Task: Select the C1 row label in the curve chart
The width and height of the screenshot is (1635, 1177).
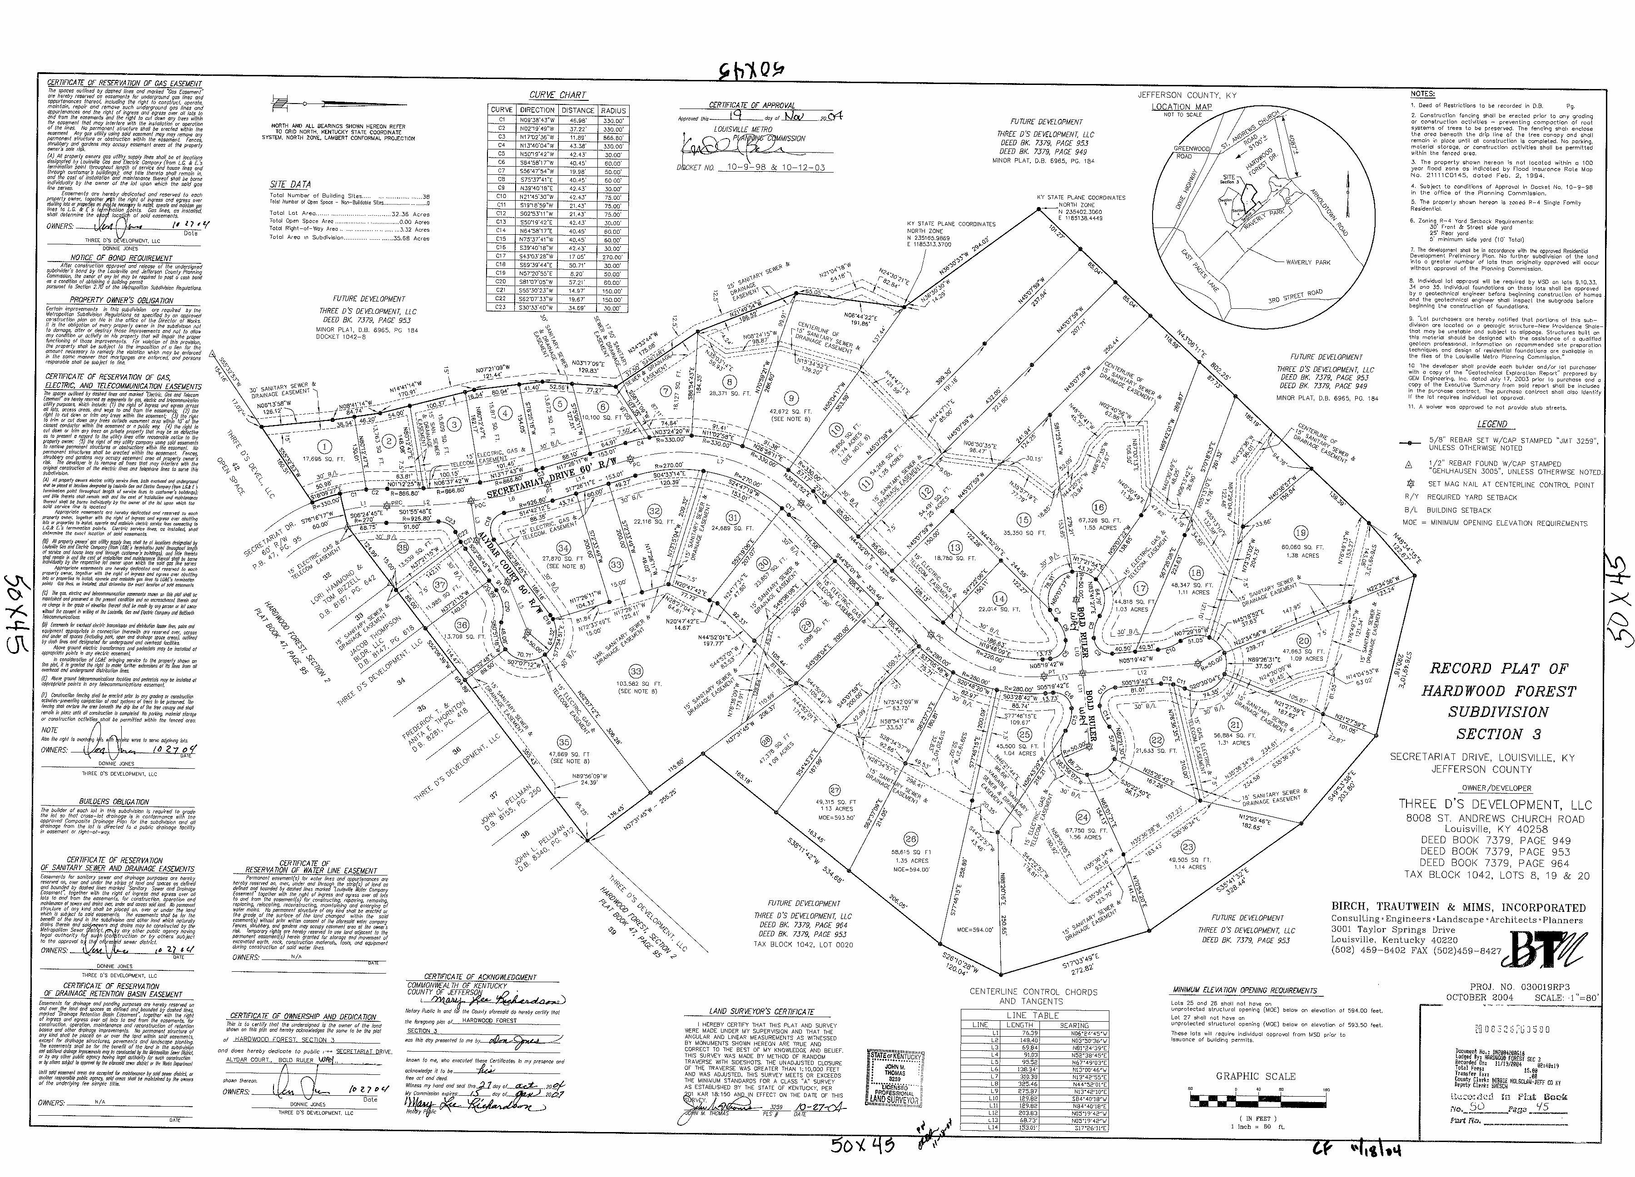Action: [501, 119]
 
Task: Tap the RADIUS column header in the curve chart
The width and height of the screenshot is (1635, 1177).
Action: [613, 110]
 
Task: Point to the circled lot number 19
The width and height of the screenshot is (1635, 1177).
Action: [1300, 533]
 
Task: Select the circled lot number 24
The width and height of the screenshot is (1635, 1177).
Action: [1082, 816]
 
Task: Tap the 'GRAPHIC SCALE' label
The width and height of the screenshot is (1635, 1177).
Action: [1245, 1076]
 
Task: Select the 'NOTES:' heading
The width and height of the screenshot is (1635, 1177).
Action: [1423, 94]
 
